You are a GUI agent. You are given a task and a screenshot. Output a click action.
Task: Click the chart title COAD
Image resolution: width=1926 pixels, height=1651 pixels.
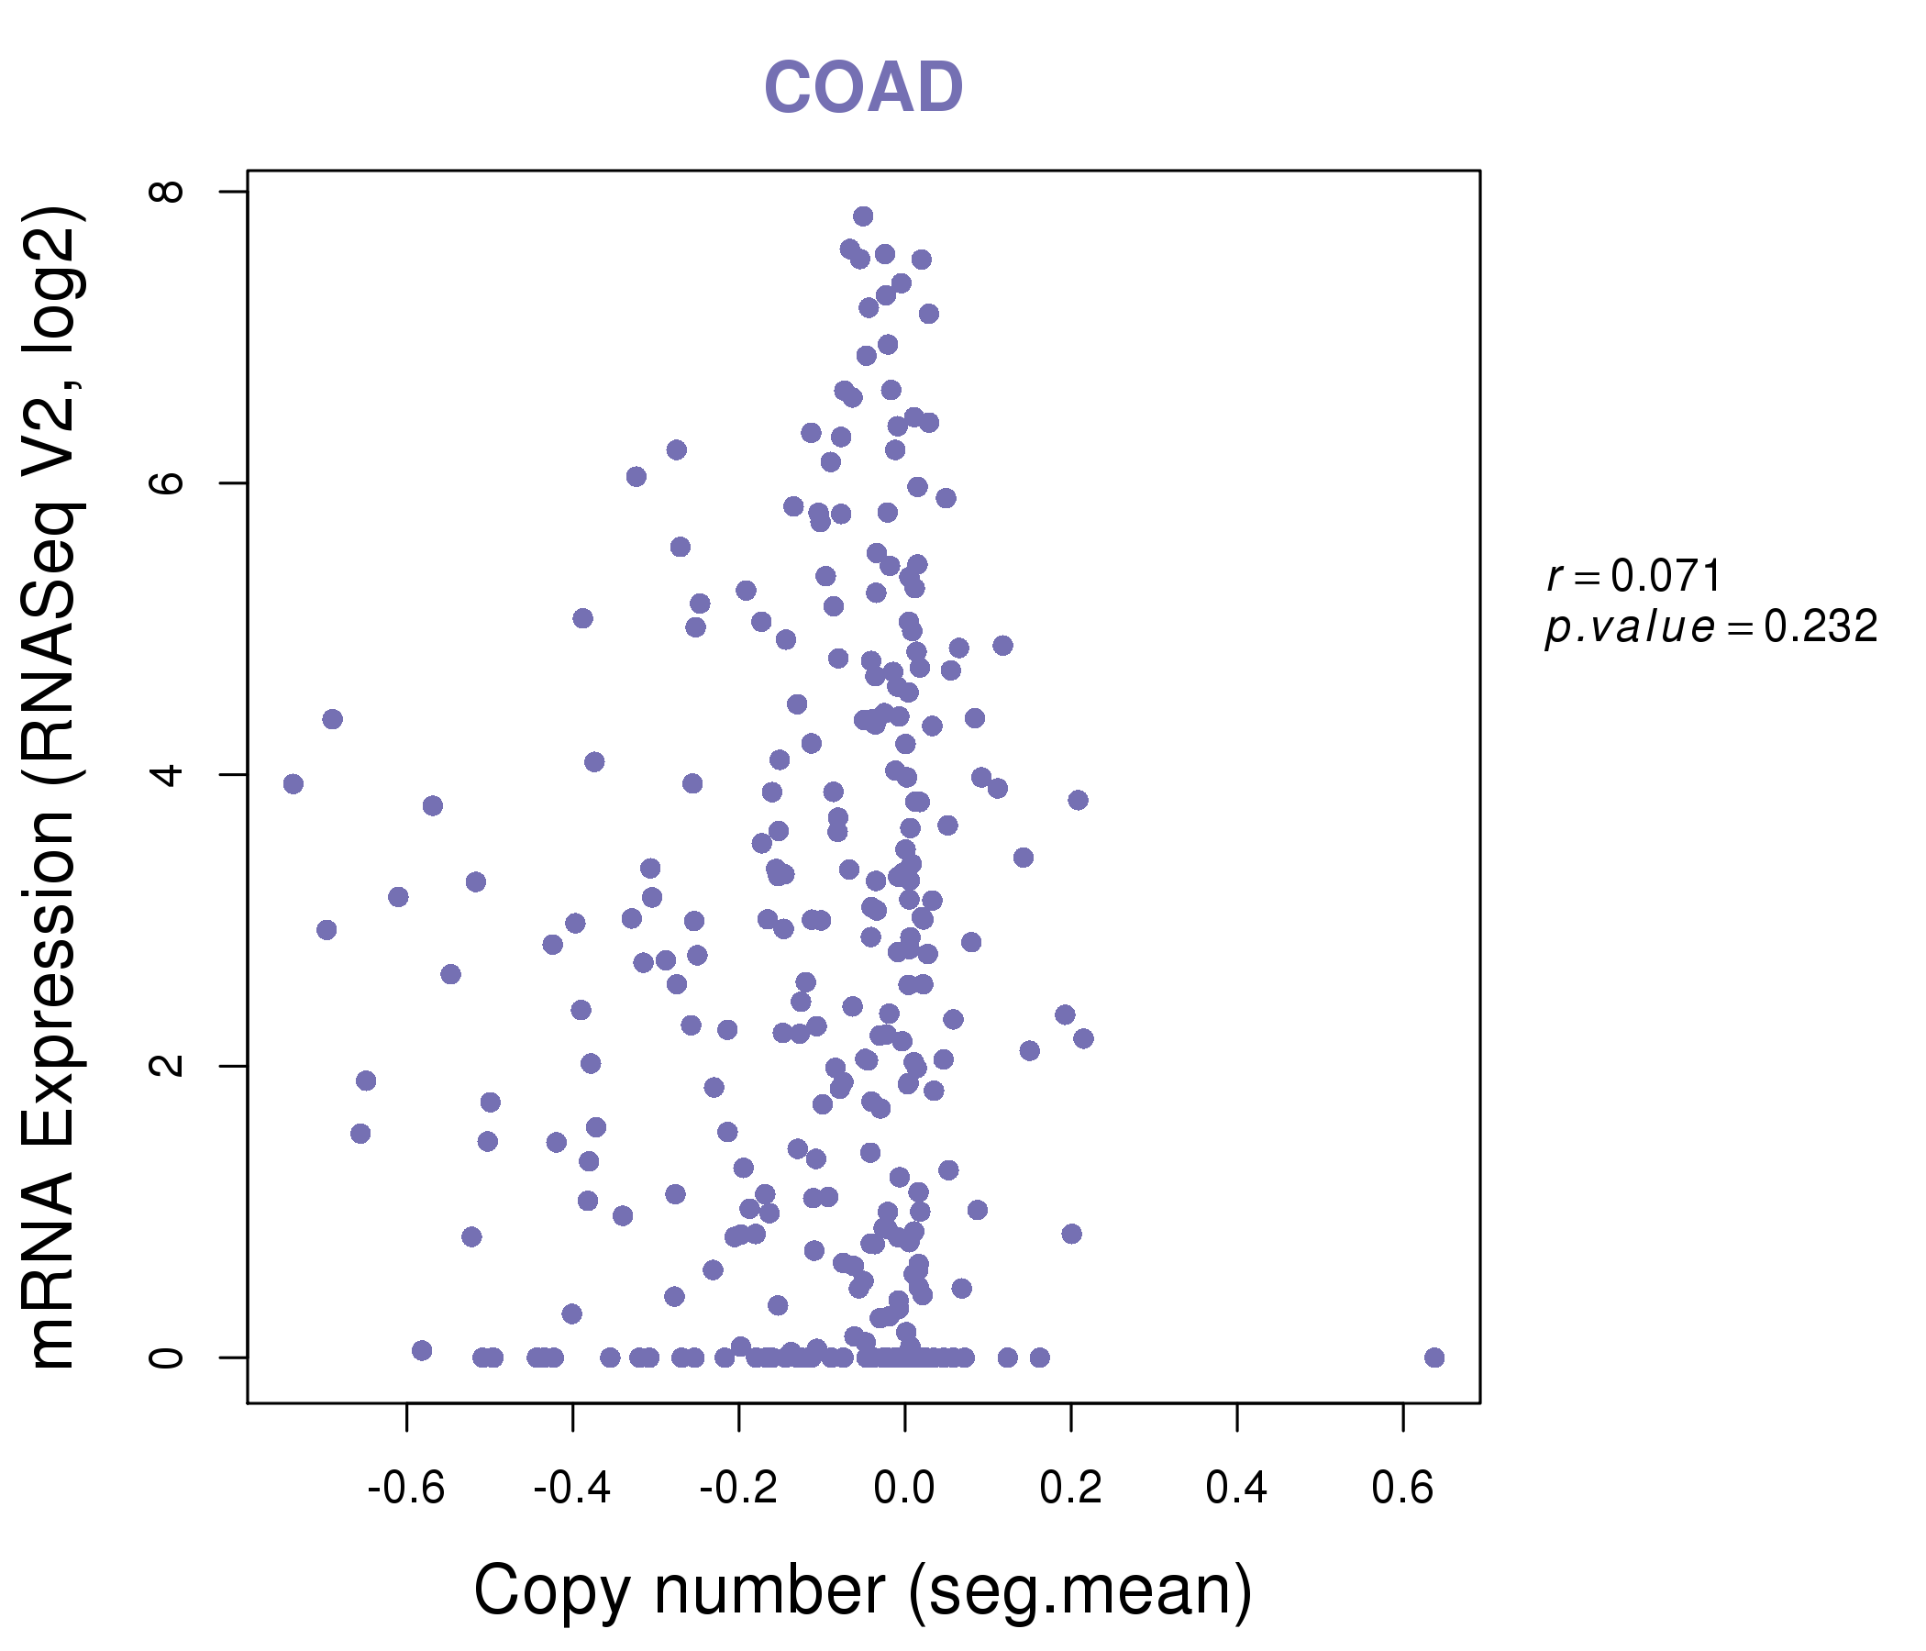(x=863, y=87)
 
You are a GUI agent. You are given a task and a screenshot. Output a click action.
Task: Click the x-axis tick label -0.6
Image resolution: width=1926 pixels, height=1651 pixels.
(x=406, y=1489)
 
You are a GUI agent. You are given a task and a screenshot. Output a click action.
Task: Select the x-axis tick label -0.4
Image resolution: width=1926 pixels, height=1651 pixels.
(x=571, y=1489)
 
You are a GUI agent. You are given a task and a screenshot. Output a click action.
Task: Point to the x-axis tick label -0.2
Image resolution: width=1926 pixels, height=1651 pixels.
(x=738, y=1489)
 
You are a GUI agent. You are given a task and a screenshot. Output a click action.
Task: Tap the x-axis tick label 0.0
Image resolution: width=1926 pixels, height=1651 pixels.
(x=904, y=1489)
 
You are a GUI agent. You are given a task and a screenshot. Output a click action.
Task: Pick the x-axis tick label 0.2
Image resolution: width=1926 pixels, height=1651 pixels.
(x=1071, y=1489)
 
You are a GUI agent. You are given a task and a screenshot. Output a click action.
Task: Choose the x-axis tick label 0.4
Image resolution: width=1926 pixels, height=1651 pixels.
(x=1236, y=1489)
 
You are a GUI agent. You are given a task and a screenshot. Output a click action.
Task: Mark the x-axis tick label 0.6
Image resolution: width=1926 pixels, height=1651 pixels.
(x=1402, y=1489)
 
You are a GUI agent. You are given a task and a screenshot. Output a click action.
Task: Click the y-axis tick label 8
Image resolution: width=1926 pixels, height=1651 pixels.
(x=167, y=192)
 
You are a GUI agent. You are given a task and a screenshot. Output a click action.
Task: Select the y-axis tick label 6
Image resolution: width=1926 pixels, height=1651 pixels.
(x=167, y=483)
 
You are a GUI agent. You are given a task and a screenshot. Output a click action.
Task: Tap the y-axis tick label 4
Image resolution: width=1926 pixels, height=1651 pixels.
(x=167, y=774)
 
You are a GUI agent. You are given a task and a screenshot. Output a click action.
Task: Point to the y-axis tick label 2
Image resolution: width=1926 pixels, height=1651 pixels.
(x=167, y=1065)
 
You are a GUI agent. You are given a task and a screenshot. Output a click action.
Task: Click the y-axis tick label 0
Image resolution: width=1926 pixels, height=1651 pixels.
(x=167, y=1357)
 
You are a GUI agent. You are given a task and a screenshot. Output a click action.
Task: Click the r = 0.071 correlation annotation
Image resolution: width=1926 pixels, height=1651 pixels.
(x=1634, y=576)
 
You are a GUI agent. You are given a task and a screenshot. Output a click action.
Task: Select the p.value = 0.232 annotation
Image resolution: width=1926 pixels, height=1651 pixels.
(x=1710, y=627)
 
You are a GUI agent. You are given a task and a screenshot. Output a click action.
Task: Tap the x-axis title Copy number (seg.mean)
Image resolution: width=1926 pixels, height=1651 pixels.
(x=863, y=1590)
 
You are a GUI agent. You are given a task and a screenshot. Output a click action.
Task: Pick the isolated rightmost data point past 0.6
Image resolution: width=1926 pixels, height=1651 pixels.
(x=1434, y=1357)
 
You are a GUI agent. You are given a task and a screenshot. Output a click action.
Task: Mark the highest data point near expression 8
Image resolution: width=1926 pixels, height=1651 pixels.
(x=863, y=216)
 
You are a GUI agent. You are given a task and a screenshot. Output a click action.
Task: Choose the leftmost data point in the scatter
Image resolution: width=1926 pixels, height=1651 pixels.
(x=293, y=783)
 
